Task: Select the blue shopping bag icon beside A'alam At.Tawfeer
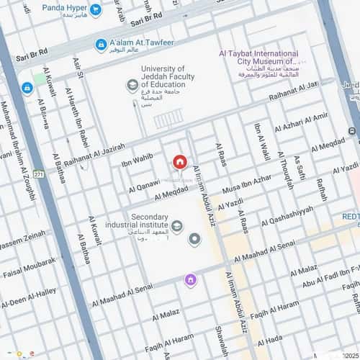[x=102, y=45]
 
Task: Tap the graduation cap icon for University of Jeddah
[x=132, y=86]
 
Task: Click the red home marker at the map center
[x=179, y=162]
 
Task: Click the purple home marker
[x=190, y=280]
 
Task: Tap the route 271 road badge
[x=39, y=174]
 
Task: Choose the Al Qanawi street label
[x=145, y=185]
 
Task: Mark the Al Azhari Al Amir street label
[x=300, y=126]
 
